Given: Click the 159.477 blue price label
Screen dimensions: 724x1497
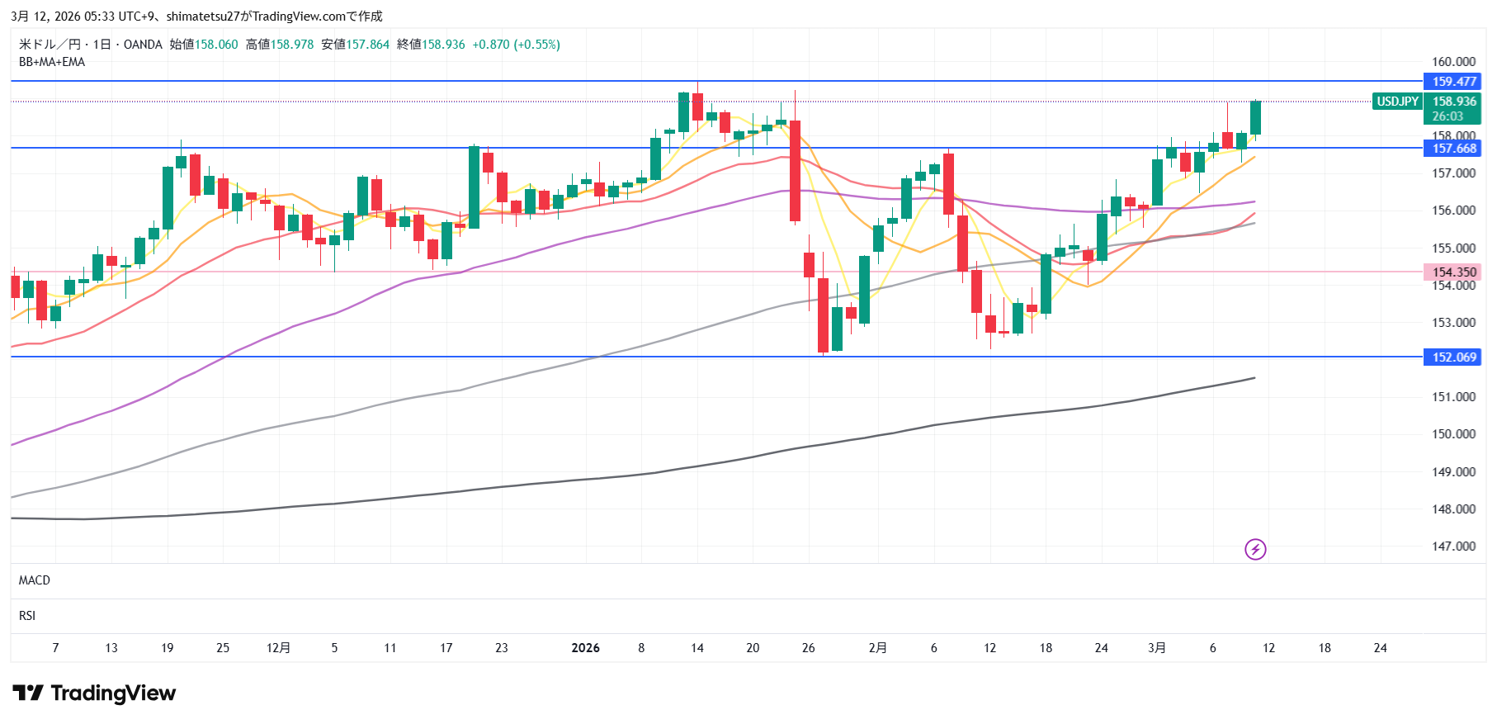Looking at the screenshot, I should (x=1452, y=82).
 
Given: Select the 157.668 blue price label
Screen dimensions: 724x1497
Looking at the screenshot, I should (x=1452, y=149).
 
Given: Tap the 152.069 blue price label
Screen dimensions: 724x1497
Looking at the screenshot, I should (x=1452, y=357).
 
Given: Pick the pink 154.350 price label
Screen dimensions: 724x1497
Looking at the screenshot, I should (x=1452, y=272).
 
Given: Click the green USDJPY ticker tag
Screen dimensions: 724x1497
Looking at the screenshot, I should (x=1397, y=102).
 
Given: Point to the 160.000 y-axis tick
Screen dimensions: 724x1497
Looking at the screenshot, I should (x=1453, y=62).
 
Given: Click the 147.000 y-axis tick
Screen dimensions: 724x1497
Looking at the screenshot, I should (x=1453, y=547).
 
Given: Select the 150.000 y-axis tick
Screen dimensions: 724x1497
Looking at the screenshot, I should (x=1453, y=434).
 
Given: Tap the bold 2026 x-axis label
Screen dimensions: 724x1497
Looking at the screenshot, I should (x=585, y=648).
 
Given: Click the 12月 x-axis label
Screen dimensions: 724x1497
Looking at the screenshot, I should (x=278, y=648).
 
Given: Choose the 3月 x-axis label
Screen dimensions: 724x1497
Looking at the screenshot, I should (x=1157, y=648).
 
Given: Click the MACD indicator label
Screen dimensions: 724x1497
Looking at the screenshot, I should (x=35, y=580).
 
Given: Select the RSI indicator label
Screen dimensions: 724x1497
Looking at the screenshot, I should (x=27, y=616).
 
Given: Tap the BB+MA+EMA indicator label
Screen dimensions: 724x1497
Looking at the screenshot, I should (x=52, y=62).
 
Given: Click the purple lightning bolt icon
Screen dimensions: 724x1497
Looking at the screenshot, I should (x=1255, y=549).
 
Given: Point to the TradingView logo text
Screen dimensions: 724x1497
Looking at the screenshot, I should (x=113, y=693).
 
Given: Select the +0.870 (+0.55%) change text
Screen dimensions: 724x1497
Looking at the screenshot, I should (x=516, y=45).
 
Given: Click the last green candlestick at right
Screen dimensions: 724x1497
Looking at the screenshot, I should (x=1255, y=117).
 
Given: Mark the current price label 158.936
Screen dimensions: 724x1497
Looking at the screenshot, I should (x=1453, y=102).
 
